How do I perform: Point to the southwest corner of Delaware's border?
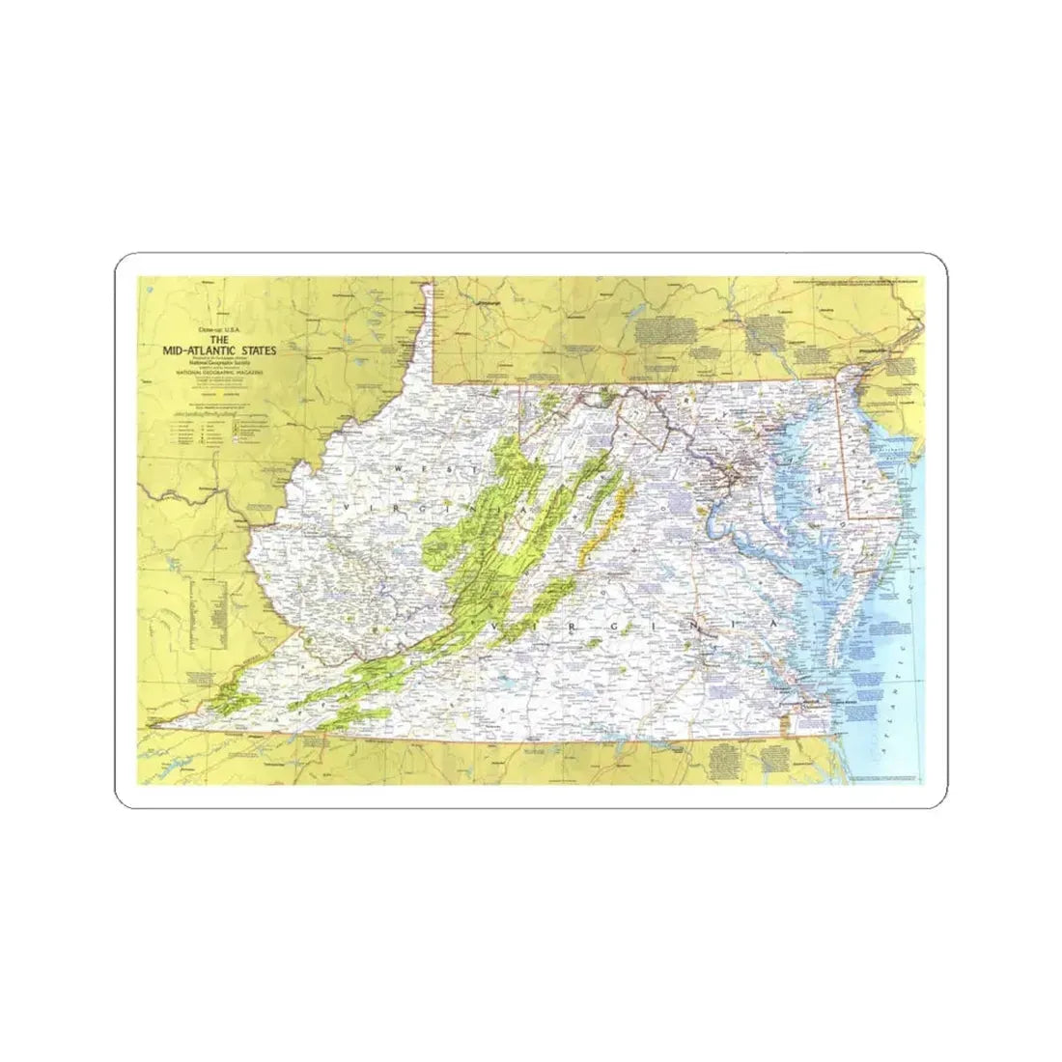point(848,517)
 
